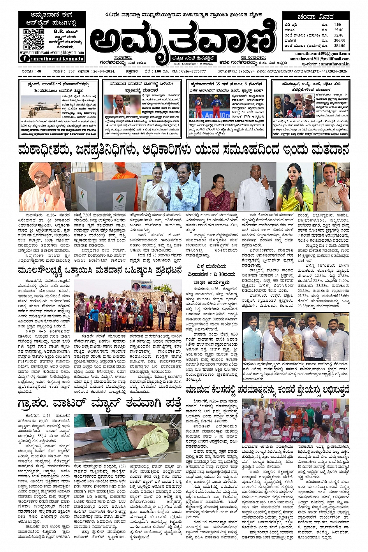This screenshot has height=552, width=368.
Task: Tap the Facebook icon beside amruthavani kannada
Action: pyautogui.click(x=25, y=59)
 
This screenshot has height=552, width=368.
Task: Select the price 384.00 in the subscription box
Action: pyautogui.click(x=339, y=46)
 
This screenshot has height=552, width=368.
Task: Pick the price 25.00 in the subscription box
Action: pyautogui.click(x=338, y=30)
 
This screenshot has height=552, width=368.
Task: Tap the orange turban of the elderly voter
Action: pyautogui.click(x=41, y=170)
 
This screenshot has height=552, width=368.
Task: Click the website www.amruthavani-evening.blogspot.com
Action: pyautogui.click(x=52, y=53)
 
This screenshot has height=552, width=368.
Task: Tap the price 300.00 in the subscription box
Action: pyautogui.click(x=339, y=40)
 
